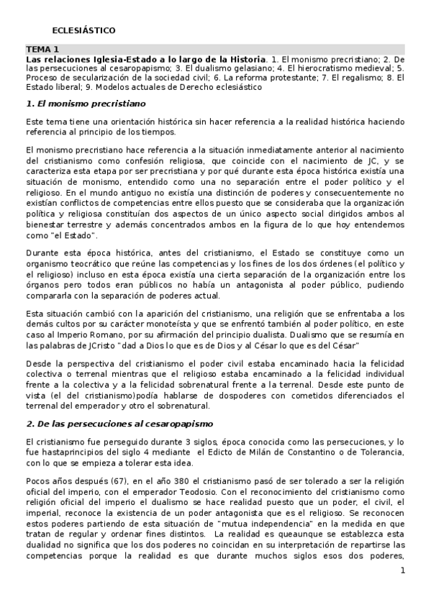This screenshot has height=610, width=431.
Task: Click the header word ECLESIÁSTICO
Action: pos(83,31)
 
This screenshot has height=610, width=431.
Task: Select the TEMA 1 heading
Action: pos(42,48)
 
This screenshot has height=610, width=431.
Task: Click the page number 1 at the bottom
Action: pos(403,570)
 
